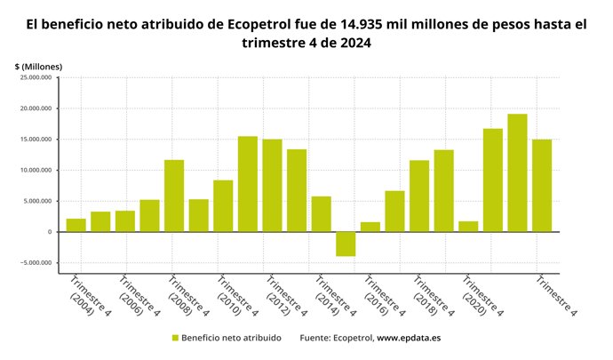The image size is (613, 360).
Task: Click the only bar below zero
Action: pos(346,244)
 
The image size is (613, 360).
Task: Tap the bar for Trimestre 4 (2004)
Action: pos(76,225)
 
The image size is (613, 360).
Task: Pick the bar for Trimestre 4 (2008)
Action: pos(174,196)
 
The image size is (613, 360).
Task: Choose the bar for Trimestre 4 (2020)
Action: pos(468,226)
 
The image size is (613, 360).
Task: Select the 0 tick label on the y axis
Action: pos(52,232)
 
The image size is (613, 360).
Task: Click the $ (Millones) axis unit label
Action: pos(38,67)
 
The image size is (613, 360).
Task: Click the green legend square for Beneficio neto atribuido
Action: pos(175,338)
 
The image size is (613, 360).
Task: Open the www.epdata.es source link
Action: pos(410,338)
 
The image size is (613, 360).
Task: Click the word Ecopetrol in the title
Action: pos(259,25)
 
